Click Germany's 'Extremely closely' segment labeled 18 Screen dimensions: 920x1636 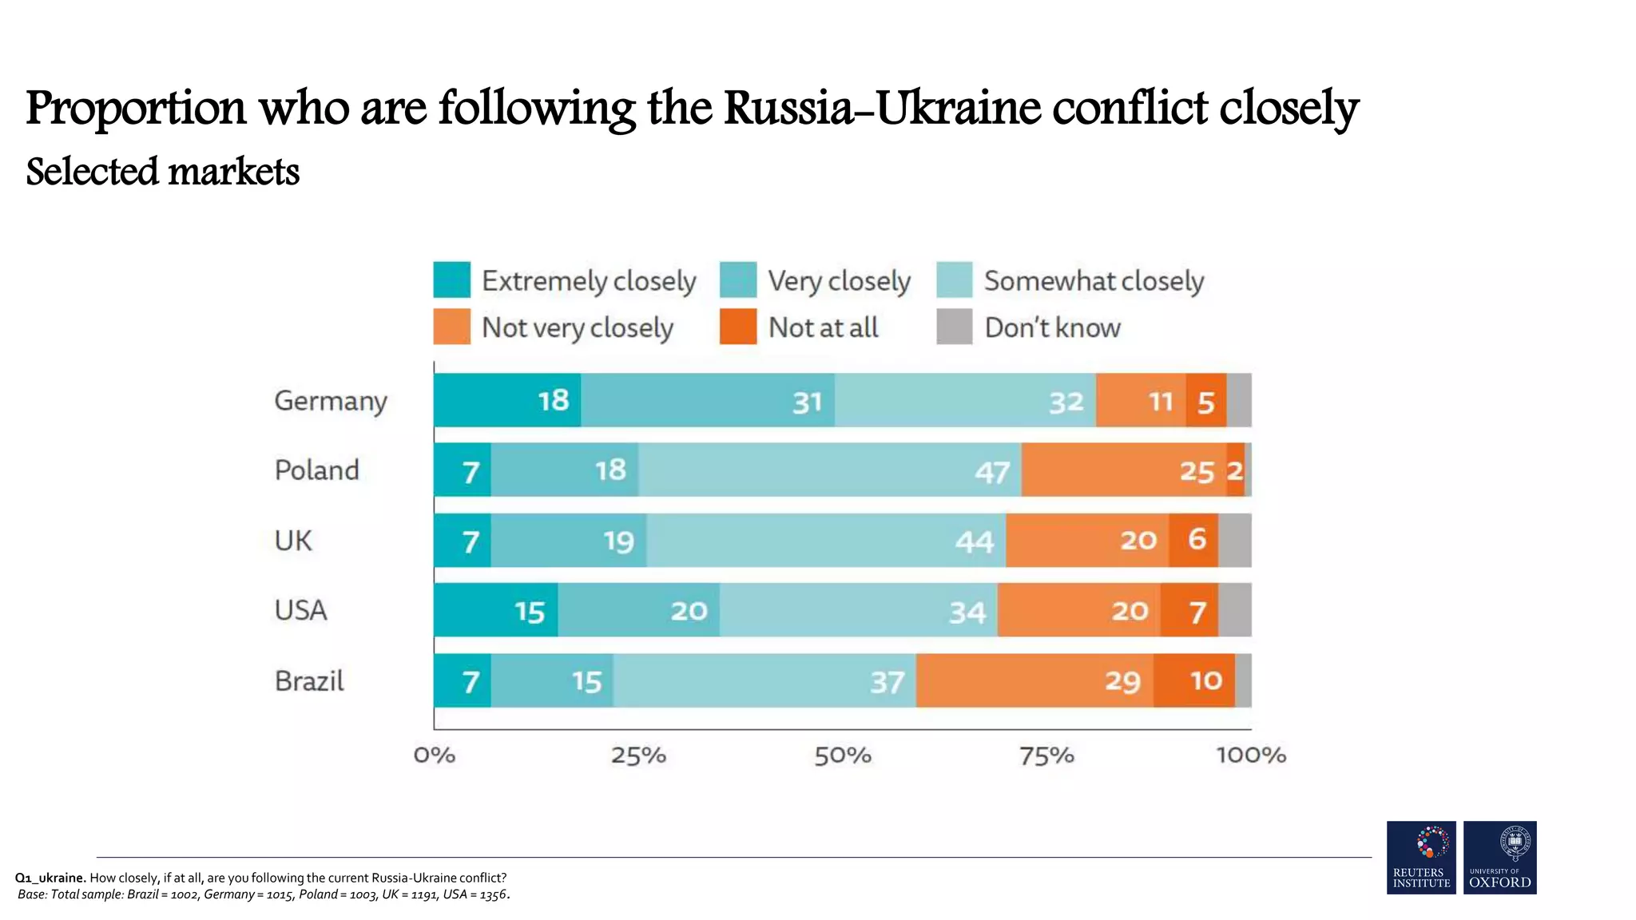point(506,400)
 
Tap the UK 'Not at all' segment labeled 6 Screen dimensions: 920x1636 point(1193,541)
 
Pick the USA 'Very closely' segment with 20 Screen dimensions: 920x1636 point(638,611)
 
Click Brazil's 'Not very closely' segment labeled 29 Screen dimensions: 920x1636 point(1034,681)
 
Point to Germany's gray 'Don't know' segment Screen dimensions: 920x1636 point(1239,400)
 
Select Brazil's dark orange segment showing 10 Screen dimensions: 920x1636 point(1194,681)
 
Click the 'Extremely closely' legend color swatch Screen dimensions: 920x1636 point(451,280)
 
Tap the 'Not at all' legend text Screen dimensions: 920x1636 point(823,327)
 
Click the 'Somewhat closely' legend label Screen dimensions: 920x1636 point(1094,281)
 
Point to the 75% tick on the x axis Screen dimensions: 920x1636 point(1046,755)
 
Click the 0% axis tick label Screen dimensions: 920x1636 point(435,755)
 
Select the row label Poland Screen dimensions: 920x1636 point(317,470)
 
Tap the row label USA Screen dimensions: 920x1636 point(301,611)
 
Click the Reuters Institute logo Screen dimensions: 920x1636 point(1421,858)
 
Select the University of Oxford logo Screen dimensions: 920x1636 point(1499,858)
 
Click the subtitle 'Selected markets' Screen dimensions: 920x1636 point(163,172)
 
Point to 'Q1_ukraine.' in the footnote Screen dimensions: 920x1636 point(50,878)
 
